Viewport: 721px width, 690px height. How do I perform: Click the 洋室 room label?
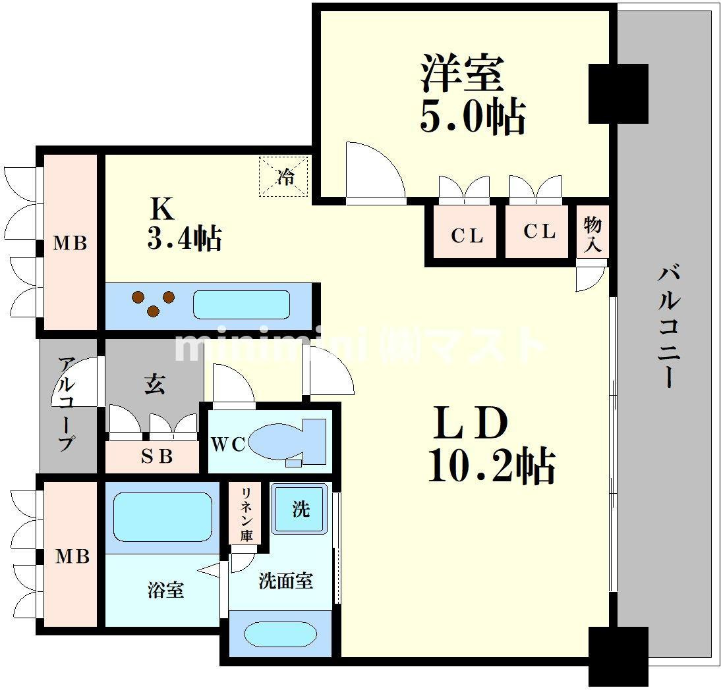click(462, 74)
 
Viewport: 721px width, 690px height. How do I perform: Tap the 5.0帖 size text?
click(473, 117)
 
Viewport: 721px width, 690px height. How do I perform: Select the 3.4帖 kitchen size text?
click(185, 238)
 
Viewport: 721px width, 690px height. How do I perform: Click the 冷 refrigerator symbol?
click(283, 177)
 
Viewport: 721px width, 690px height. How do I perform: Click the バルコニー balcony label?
click(668, 327)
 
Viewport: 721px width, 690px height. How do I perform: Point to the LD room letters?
click(471, 422)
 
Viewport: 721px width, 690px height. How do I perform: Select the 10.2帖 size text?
click(492, 466)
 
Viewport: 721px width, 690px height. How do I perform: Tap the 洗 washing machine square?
click(301, 508)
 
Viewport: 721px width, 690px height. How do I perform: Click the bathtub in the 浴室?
click(163, 517)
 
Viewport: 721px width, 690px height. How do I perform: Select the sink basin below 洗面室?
click(281, 635)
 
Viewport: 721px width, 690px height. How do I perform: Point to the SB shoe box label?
click(157, 457)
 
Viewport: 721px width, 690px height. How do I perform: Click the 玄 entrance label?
click(154, 384)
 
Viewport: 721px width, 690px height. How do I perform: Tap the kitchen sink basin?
click(241, 304)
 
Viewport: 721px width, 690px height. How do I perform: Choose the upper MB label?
click(70, 243)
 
